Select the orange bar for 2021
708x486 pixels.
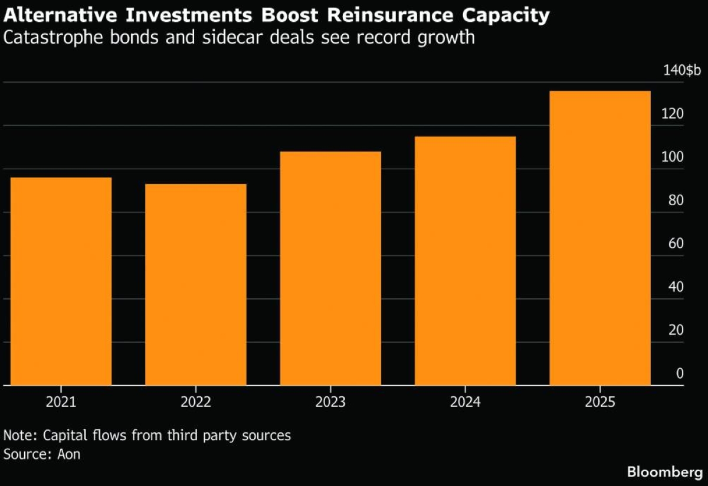[x=61, y=281]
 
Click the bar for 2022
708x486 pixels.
[x=195, y=285]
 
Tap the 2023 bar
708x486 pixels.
[x=330, y=268]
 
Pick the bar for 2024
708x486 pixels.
[x=465, y=261]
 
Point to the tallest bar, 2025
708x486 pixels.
[x=599, y=238]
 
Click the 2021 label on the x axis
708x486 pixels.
[x=61, y=403]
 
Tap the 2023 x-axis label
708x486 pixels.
[x=330, y=403]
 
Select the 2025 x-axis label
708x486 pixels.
[x=599, y=403]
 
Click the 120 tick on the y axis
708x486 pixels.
[x=672, y=114]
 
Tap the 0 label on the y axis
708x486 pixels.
[x=680, y=373]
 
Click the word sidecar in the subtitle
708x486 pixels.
[x=231, y=38]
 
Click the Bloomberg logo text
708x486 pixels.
[x=664, y=472]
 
